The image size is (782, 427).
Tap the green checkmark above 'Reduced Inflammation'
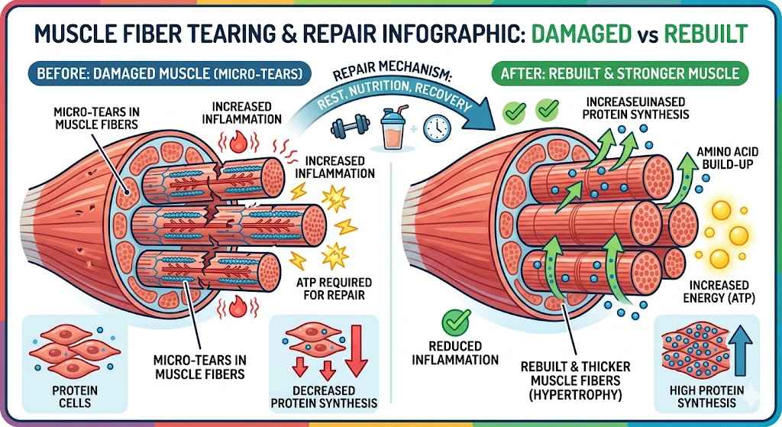(x=457, y=319)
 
